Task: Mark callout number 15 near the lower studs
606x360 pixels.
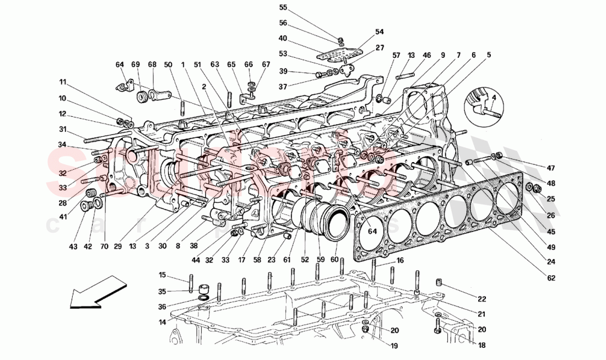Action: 163,275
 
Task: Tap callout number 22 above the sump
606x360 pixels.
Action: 482,299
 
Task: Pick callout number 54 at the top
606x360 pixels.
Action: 379,31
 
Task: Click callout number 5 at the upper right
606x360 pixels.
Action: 489,55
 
